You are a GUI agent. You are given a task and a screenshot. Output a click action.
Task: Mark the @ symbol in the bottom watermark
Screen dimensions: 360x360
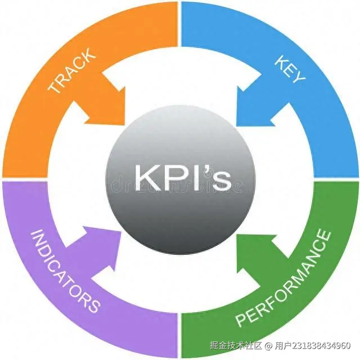click(269, 345)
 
